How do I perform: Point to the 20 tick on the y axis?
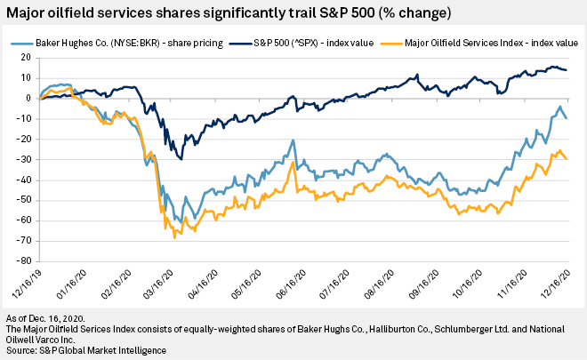pos(27,58)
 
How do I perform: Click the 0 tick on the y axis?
pos(29,99)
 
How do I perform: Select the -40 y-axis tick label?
pos(25,180)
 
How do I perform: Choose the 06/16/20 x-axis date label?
pos(293,287)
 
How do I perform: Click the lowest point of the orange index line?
pos(174,237)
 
